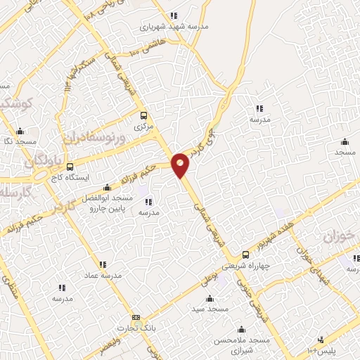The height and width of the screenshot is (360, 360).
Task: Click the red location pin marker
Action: pyautogui.click(x=181, y=164)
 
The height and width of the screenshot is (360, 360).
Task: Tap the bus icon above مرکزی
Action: pyautogui.click(x=143, y=116)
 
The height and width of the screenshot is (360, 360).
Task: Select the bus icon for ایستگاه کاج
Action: pyautogui.click(x=70, y=167)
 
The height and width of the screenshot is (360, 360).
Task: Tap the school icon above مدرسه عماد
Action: pyautogui.click(x=103, y=264)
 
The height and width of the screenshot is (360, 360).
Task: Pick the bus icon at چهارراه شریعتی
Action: pyautogui.click(x=245, y=255)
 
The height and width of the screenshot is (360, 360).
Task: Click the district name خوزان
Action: pyautogui.click(x=337, y=237)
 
